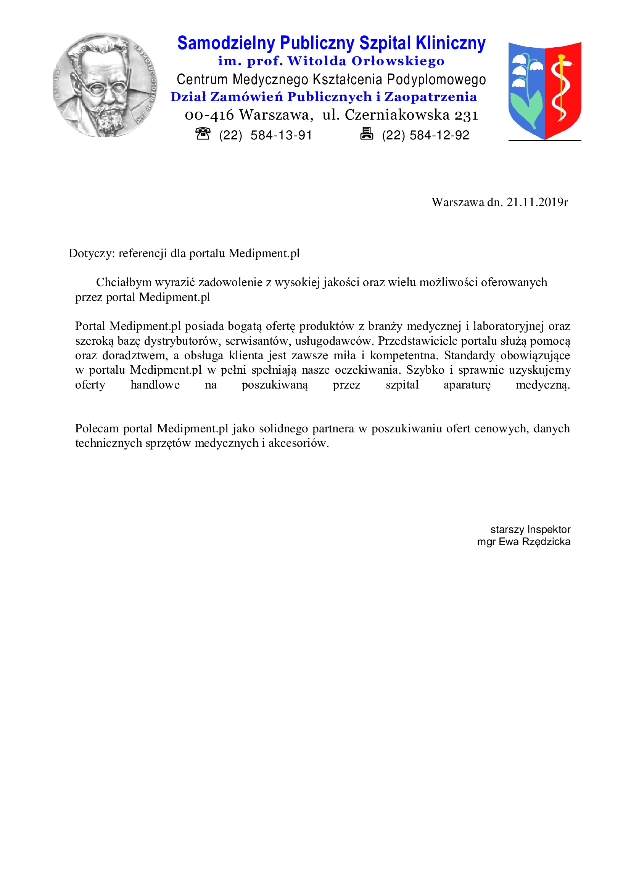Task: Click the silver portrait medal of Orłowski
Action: (x=105, y=85)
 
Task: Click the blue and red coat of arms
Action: (x=544, y=90)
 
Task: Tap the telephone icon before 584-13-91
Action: (x=203, y=134)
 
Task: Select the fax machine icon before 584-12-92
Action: (x=366, y=133)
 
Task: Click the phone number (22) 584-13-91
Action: (x=266, y=136)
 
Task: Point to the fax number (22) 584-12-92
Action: (x=425, y=136)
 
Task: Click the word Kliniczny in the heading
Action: (x=450, y=43)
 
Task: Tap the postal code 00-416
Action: (x=209, y=115)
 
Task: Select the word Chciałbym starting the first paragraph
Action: (x=124, y=282)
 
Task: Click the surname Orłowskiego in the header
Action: (x=398, y=61)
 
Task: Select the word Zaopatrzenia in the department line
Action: (x=430, y=97)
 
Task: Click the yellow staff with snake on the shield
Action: (x=560, y=89)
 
